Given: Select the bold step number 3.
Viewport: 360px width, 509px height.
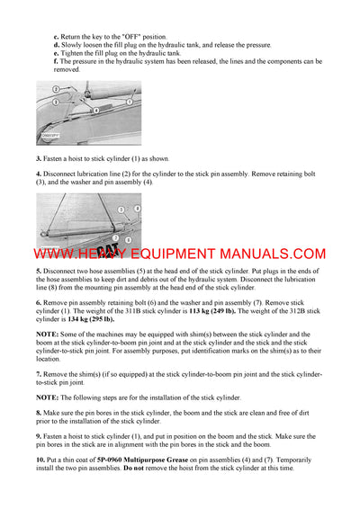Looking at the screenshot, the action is tap(39, 158).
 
